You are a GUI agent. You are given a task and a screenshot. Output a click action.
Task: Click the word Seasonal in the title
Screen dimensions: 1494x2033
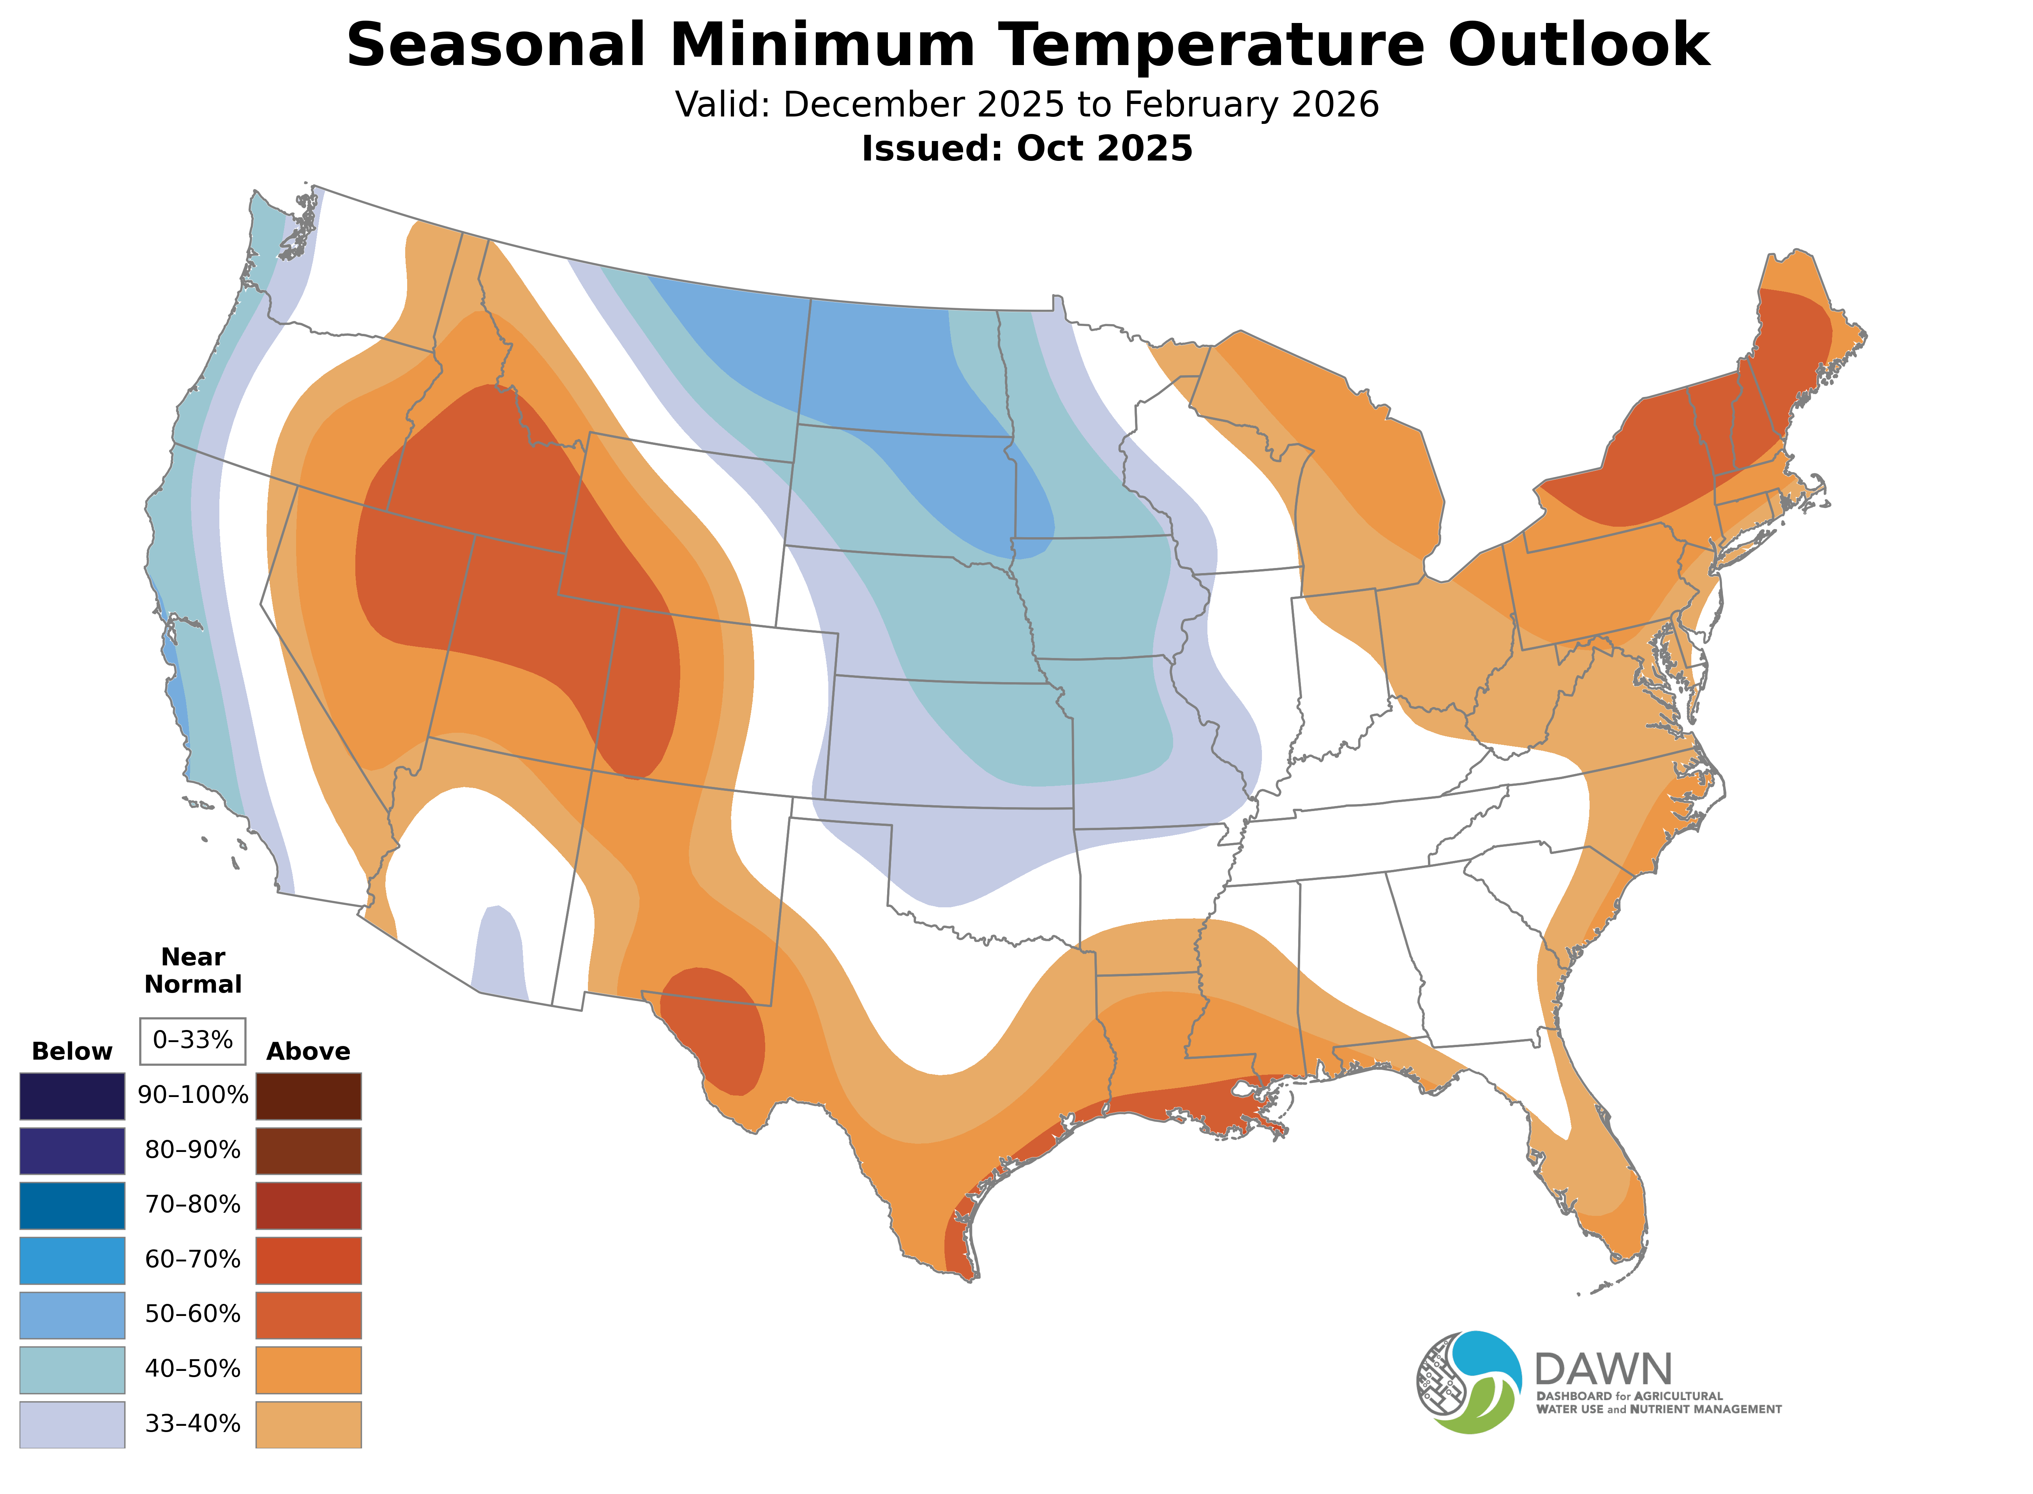(496, 45)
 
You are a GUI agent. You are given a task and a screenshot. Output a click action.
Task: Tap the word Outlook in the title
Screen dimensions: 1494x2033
(1578, 45)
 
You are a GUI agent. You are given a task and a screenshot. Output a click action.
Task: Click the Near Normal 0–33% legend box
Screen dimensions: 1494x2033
(192, 1041)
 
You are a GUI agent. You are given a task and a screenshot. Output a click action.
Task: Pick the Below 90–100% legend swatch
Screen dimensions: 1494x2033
(72, 1096)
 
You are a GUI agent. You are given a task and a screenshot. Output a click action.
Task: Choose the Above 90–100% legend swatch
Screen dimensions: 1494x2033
(309, 1096)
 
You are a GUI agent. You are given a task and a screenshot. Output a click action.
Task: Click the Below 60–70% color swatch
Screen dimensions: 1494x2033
(72, 1260)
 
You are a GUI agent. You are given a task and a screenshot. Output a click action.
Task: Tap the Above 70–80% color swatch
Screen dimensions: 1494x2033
(309, 1205)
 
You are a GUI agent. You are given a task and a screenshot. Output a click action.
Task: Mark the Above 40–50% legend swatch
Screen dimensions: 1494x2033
(309, 1369)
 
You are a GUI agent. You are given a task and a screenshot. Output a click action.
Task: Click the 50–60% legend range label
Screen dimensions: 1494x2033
(192, 1314)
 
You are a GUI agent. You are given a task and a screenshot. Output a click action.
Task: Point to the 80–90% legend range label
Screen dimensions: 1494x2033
(192, 1150)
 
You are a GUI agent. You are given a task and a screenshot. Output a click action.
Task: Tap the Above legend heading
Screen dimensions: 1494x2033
(309, 1052)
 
